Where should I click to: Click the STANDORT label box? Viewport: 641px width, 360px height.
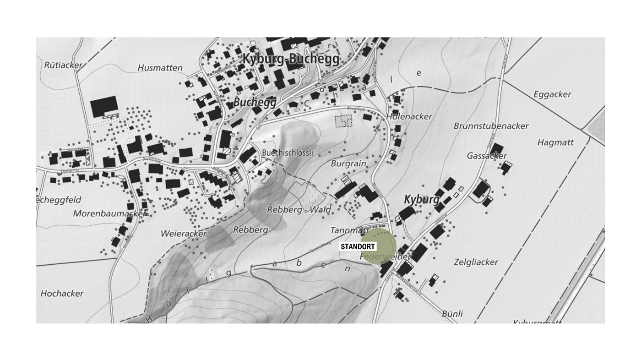pyautogui.click(x=358, y=247)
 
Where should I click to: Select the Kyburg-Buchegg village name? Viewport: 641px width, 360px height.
pyautogui.click(x=291, y=59)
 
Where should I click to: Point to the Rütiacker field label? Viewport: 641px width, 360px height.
pyautogui.click(x=63, y=65)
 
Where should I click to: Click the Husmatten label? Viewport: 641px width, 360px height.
pyautogui.click(x=160, y=68)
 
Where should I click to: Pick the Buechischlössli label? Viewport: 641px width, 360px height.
pyautogui.click(x=288, y=153)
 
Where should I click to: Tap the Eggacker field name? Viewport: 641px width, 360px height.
pyautogui.click(x=552, y=94)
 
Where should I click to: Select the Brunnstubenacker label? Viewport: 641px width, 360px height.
pyautogui.click(x=491, y=125)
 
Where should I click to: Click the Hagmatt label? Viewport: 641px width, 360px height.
pyautogui.click(x=555, y=142)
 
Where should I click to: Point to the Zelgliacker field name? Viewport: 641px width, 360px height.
pyautogui.click(x=476, y=262)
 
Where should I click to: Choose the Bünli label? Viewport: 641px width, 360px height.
pyautogui.click(x=452, y=314)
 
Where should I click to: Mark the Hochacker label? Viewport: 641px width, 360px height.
pyautogui.click(x=62, y=293)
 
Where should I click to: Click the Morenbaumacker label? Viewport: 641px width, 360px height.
pyautogui.click(x=109, y=213)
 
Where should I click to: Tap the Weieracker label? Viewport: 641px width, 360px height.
pyautogui.click(x=184, y=234)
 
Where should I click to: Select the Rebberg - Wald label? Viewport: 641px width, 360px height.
pyautogui.click(x=299, y=210)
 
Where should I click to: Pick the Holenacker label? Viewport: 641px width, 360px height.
pyautogui.click(x=409, y=116)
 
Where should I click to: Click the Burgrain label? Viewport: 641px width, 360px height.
pyautogui.click(x=348, y=163)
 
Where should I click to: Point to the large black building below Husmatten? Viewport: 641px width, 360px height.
pyautogui.click(x=103, y=107)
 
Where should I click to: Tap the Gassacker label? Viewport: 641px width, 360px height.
pyautogui.click(x=487, y=156)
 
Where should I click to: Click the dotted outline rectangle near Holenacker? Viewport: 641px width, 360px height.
pyautogui.click(x=343, y=121)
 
